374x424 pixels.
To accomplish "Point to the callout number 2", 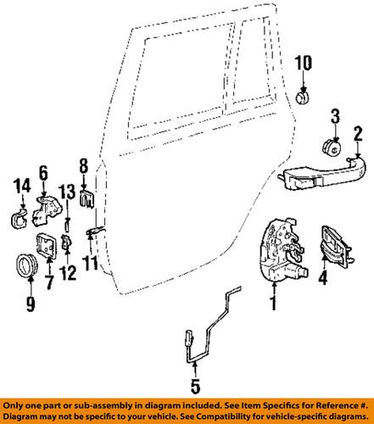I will click(x=358, y=131).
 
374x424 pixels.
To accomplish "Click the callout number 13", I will click(x=67, y=192).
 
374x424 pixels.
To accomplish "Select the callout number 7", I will click(x=48, y=282).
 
